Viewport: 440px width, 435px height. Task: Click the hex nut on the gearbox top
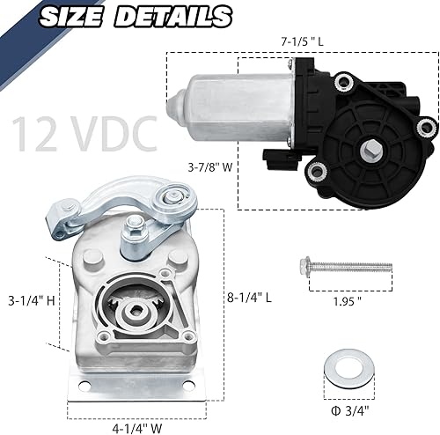click(x=136, y=236)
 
